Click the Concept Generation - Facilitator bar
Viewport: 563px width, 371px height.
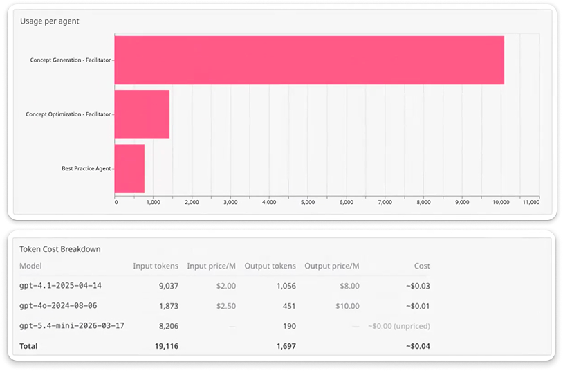point(309,60)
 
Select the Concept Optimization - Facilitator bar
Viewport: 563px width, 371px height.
point(142,114)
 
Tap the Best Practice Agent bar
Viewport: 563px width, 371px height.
point(129,169)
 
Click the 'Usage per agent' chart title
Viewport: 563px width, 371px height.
point(50,21)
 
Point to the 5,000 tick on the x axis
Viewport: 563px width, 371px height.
point(308,202)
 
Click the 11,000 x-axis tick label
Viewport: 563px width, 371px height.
point(531,202)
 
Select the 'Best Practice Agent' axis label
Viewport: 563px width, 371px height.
point(86,168)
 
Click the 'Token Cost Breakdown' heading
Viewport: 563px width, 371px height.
point(60,249)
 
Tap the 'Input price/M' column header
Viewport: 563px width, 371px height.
point(211,266)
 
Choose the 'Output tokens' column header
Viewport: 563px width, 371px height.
point(270,266)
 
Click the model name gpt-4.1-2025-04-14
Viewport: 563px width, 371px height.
point(60,285)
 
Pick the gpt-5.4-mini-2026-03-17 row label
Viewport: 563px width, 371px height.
point(72,326)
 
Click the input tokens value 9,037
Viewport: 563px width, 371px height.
point(169,286)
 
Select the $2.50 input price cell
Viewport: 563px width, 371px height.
point(226,307)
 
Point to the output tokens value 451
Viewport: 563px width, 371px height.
point(289,307)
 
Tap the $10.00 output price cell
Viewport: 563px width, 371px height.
point(348,307)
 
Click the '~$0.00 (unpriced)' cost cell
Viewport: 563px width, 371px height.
point(399,326)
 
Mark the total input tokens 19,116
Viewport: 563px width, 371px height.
point(167,346)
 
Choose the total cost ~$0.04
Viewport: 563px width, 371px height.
point(418,346)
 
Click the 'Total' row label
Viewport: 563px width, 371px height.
point(28,346)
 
